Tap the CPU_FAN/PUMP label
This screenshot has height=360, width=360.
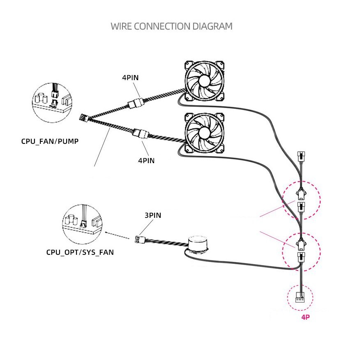(x=50, y=141)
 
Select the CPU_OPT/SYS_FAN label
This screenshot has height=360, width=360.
(x=80, y=252)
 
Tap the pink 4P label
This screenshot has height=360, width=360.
(x=305, y=317)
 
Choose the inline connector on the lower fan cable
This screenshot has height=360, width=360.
(x=140, y=134)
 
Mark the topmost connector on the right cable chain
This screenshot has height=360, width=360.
(x=301, y=157)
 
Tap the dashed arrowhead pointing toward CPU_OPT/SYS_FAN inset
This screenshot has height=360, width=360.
(x=107, y=232)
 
